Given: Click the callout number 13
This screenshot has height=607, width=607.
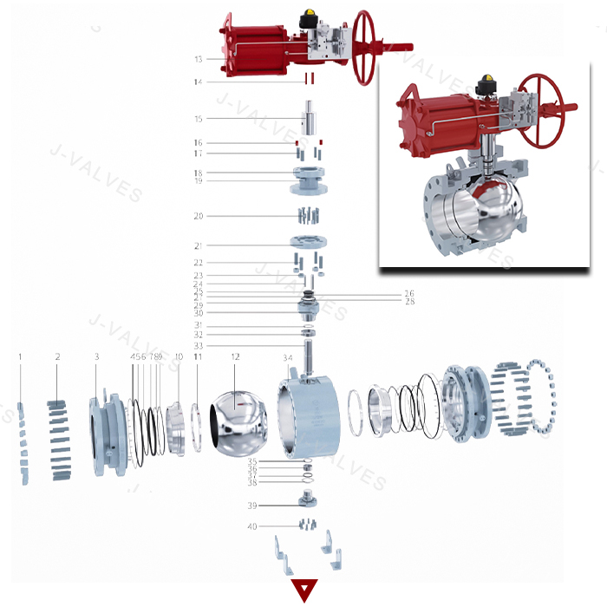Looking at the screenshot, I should coord(199,60).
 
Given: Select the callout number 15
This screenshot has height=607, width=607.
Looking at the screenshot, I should coord(199,119).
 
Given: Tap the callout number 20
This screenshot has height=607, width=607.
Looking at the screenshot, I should coord(199,216).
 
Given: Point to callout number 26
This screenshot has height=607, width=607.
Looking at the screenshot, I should coord(408,293).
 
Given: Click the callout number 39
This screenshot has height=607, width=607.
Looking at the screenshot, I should coord(252,506).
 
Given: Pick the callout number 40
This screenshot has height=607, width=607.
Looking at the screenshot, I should coord(252,526).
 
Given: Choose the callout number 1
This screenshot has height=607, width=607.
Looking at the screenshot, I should coord(20,356).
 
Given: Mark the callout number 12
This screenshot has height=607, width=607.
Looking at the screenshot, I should coord(235,356).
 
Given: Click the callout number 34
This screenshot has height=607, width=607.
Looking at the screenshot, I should coord(288,357).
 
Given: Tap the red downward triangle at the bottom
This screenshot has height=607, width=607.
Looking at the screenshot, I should coord(304,591).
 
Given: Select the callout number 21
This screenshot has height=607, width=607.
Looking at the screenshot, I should coord(199,245).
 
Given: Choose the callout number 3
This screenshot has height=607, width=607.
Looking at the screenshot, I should coord(97,356).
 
